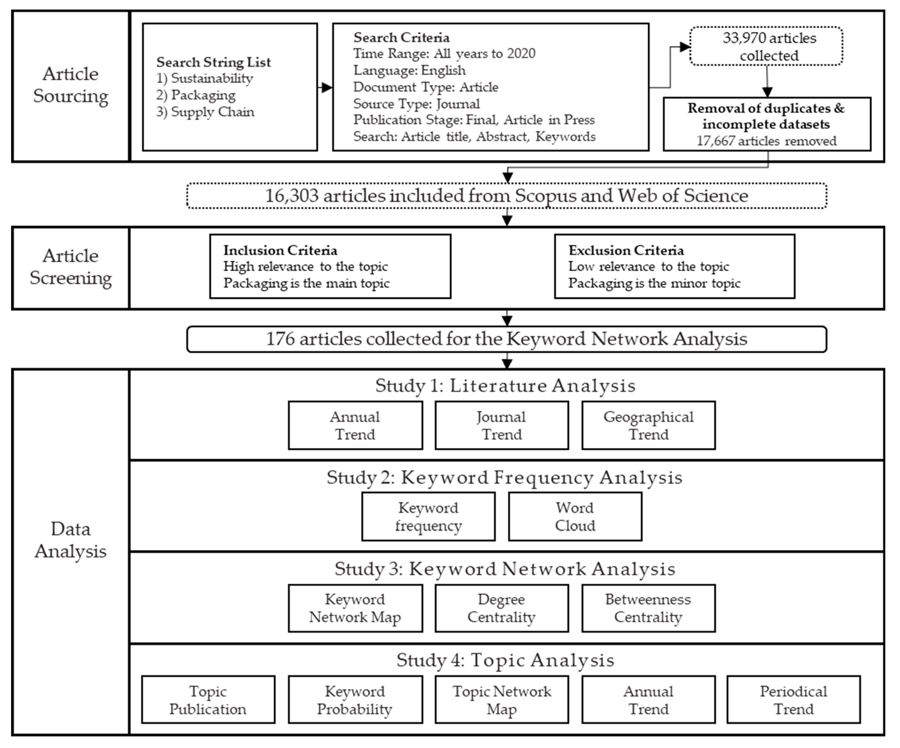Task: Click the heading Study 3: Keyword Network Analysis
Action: (x=505, y=569)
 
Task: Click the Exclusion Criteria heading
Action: (x=626, y=250)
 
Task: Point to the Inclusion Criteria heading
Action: (x=280, y=250)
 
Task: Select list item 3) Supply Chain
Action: (x=205, y=112)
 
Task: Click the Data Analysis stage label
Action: (x=71, y=540)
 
